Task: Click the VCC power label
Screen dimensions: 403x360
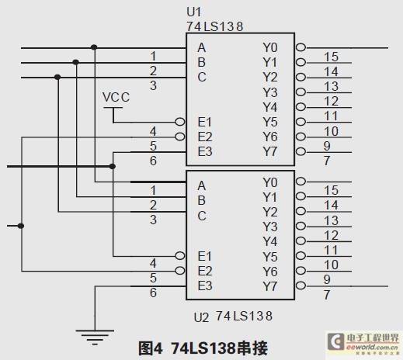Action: pos(116,97)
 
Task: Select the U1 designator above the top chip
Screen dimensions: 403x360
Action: pos(193,12)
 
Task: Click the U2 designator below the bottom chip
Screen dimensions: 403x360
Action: pos(201,317)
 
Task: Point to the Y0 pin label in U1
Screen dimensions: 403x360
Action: pos(270,47)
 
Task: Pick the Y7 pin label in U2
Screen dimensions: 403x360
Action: pos(270,286)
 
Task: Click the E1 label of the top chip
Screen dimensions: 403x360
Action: pos(205,122)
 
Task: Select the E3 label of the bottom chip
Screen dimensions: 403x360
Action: pos(205,286)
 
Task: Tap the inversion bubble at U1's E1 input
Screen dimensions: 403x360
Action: pos(180,122)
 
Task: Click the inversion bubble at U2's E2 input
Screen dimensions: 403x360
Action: pos(180,271)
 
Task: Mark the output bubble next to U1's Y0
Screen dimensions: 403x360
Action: pos(301,47)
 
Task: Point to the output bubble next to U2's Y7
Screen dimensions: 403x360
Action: pos(301,286)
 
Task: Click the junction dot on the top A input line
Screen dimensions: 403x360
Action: pos(94,47)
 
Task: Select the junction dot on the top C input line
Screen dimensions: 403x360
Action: pos(57,77)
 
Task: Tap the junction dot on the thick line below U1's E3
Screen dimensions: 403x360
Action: pos(112,166)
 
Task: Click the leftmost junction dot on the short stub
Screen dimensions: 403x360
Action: pos(21,226)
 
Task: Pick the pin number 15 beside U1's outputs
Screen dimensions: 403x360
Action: pos(331,57)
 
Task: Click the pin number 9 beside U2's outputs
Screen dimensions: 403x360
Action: pos(327,279)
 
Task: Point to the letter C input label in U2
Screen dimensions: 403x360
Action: pos(202,216)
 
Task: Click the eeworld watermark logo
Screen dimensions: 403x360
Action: pos(363,343)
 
